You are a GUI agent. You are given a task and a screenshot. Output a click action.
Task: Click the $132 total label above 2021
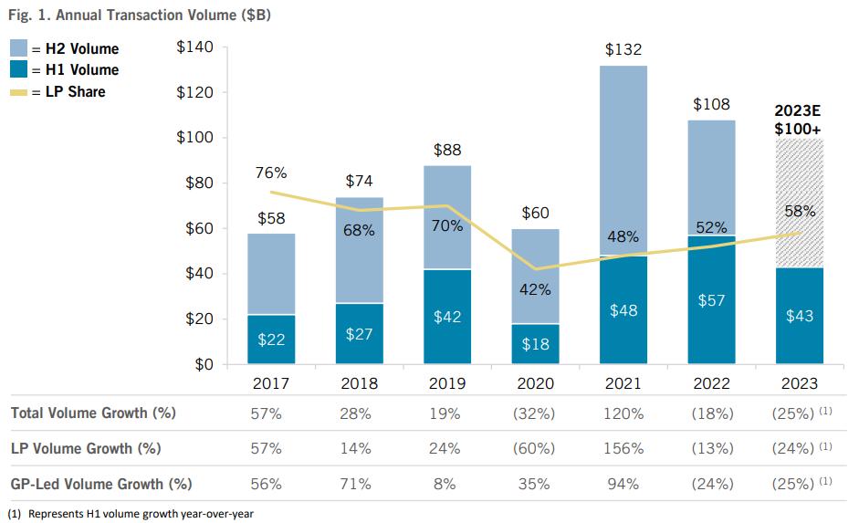click(624, 50)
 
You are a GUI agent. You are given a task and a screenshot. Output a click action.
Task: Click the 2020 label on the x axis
click(536, 383)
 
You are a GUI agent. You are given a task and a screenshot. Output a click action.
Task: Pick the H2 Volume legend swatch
click(18, 48)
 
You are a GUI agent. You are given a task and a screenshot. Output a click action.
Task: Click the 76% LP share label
click(271, 173)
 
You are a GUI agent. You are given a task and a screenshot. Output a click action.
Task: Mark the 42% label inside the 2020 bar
click(536, 289)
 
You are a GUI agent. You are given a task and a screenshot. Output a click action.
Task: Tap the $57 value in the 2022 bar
click(712, 300)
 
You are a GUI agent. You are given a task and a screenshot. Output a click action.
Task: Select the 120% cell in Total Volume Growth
click(624, 413)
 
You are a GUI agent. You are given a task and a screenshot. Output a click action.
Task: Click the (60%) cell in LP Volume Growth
click(536, 448)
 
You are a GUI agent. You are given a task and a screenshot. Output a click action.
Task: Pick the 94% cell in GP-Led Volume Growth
click(624, 483)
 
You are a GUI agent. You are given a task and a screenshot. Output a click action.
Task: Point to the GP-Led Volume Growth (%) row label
click(101, 483)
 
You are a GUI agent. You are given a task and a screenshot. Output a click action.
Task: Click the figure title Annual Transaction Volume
click(140, 16)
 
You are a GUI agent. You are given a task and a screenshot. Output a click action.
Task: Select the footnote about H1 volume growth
click(132, 514)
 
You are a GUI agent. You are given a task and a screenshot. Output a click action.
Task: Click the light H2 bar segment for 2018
click(359, 250)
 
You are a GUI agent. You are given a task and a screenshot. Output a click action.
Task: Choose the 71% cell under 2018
click(359, 483)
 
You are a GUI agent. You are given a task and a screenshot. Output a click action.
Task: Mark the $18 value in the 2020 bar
click(536, 344)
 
